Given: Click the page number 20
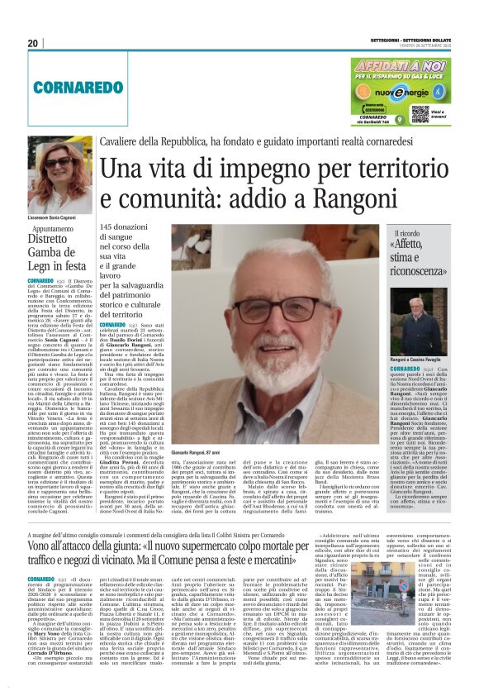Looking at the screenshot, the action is [33, 43].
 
